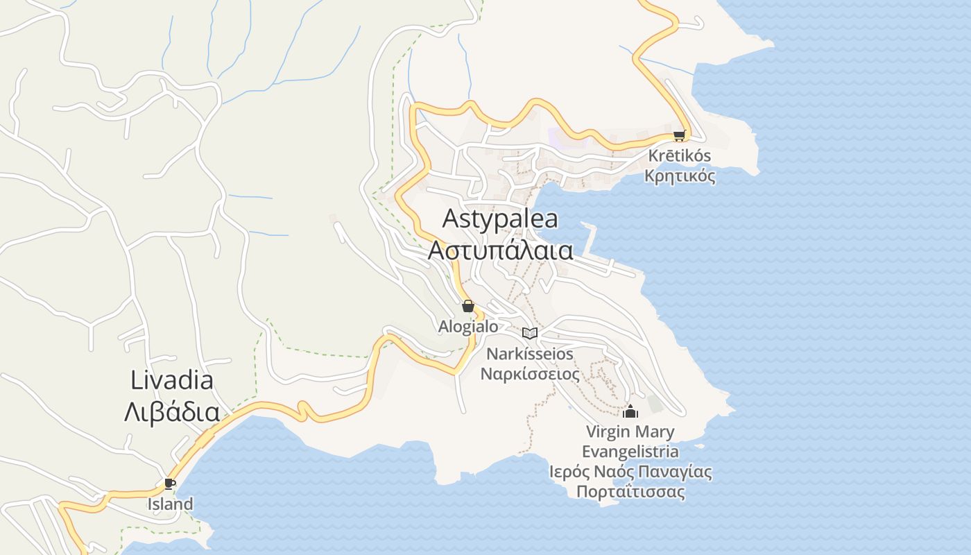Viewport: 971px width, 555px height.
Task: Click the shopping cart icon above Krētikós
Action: pos(679,136)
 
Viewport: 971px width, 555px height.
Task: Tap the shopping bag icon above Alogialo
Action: pos(468,306)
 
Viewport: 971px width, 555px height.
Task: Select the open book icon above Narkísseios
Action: pos(530,333)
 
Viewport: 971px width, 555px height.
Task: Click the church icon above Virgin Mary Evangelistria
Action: pos(630,411)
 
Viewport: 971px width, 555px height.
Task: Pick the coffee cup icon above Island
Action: pos(169,484)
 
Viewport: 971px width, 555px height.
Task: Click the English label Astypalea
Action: pos(500,219)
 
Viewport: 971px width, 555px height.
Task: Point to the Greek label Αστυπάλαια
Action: pos(500,250)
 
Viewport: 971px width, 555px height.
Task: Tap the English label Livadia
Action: pos(172,380)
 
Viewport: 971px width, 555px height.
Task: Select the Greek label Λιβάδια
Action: pos(172,412)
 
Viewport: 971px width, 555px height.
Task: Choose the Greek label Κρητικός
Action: pos(680,176)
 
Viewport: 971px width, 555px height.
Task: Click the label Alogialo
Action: pos(468,326)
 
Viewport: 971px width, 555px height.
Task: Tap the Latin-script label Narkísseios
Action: pos(530,354)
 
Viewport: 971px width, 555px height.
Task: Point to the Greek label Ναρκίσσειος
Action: pos(531,374)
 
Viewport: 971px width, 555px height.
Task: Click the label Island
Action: pos(170,504)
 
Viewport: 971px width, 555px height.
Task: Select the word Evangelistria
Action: pos(630,452)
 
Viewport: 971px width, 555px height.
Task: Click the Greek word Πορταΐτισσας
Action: pos(630,492)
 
